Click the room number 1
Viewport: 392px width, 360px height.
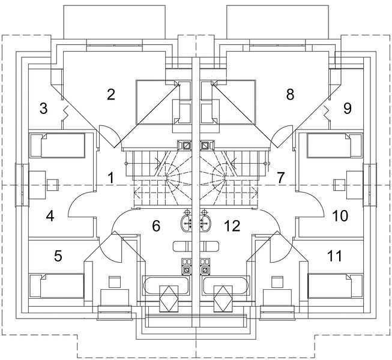click(x=110, y=178)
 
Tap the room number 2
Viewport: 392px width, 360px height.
click(x=111, y=94)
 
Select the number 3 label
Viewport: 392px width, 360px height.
click(x=43, y=109)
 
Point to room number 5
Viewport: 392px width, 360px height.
click(x=58, y=256)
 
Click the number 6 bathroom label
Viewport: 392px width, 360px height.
click(x=156, y=226)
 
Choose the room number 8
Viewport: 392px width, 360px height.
click(x=290, y=94)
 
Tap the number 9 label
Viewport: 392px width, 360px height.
click(x=348, y=109)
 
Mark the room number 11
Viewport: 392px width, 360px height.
click(x=334, y=256)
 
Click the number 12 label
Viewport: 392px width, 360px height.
click(x=232, y=226)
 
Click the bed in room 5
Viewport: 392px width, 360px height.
click(x=57, y=286)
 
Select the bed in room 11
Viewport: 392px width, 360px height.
click(x=335, y=286)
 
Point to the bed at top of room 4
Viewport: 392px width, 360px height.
click(x=57, y=145)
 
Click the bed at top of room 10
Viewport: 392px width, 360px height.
click(x=334, y=145)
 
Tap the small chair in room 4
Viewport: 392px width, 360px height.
click(x=53, y=185)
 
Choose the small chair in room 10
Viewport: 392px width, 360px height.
click(x=339, y=185)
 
